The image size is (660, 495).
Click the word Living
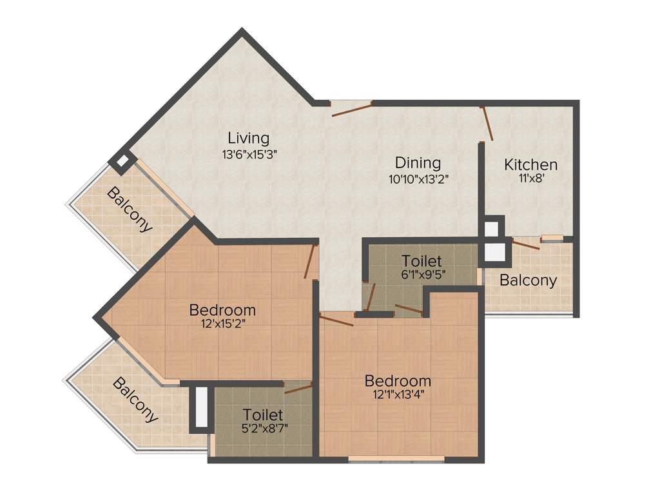coord(248,138)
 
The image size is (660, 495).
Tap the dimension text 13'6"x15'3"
coord(249,154)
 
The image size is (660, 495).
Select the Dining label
coord(418,163)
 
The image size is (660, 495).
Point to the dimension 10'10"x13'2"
coord(418,179)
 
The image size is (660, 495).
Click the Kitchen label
coord(530,164)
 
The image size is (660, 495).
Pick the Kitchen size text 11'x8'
coord(530,180)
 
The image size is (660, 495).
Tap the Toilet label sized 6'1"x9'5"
coord(422,261)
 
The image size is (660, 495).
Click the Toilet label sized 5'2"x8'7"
coord(262,414)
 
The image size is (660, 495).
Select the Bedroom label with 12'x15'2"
coord(222,310)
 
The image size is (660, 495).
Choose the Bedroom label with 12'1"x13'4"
coord(397,380)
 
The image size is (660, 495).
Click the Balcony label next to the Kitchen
coord(528,280)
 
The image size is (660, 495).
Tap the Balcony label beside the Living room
coord(130,209)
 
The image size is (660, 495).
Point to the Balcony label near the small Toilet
coord(135,400)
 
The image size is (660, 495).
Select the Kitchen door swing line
coord(488,124)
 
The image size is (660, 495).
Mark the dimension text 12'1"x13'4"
coord(397,394)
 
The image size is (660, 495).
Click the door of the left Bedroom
coord(310,261)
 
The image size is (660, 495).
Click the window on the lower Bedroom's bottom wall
coord(396,460)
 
